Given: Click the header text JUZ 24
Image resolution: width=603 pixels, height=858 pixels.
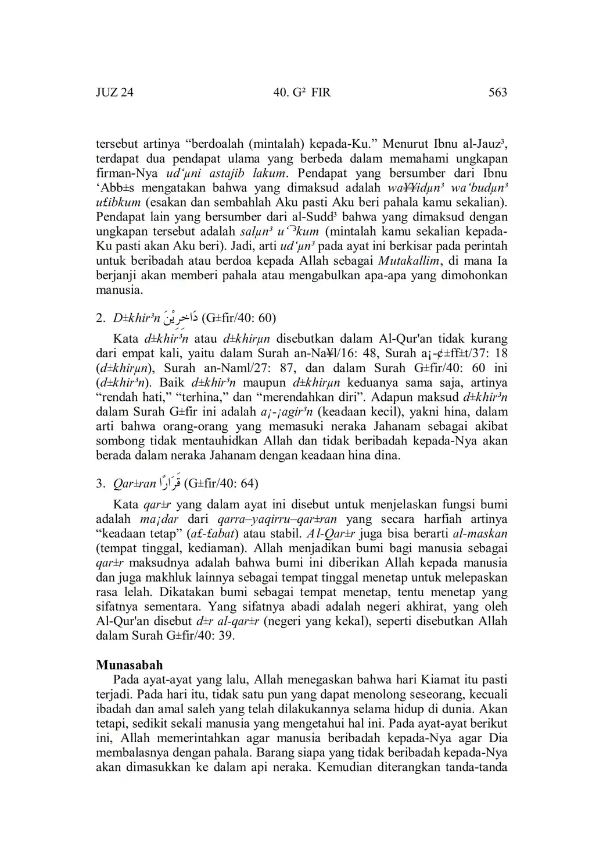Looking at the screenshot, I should point(114,92).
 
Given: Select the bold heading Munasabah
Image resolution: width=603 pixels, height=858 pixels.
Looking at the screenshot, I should point(130,665).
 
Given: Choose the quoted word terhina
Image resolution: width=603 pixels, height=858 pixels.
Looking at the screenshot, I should point(190,397).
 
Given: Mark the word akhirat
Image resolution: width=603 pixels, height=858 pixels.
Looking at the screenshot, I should point(401,607).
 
